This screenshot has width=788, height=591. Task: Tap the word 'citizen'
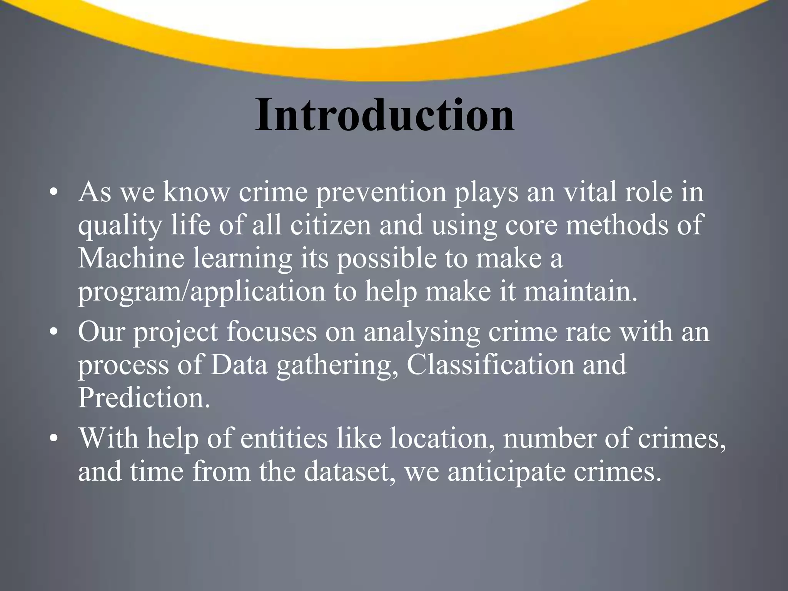tap(331, 225)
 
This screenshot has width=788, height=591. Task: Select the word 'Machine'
tap(131, 258)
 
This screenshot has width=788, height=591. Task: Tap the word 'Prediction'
tap(144, 397)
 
